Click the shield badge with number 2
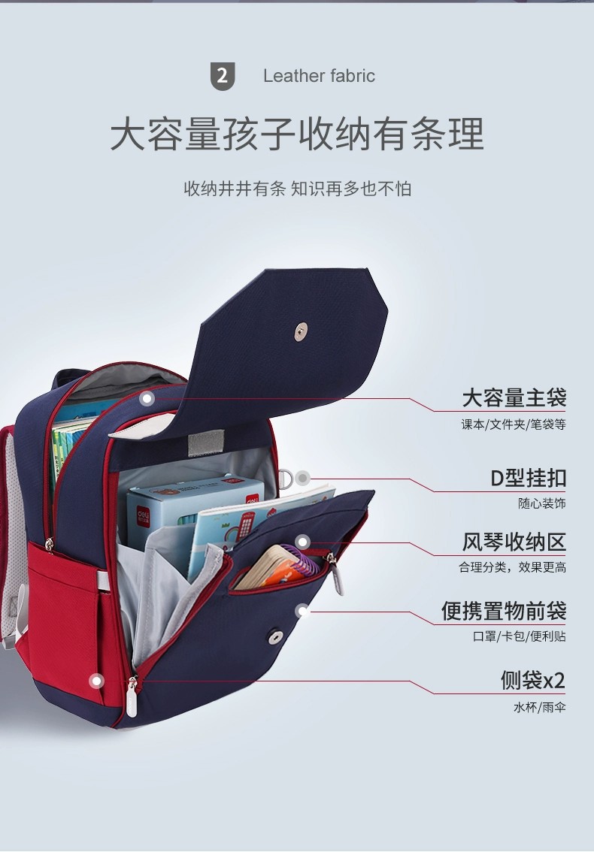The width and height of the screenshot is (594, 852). (x=222, y=76)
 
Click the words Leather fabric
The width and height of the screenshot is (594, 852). (x=319, y=76)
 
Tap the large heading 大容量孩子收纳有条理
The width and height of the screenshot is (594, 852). (x=297, y=135)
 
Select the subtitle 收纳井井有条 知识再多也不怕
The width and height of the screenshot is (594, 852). (x=297, y=189)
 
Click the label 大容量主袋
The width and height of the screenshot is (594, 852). (x=514, y=397)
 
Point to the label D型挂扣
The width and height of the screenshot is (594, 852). (x=528, y=478)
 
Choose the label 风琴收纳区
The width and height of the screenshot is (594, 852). (x=514, y=542)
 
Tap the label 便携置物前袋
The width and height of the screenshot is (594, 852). (x=503, y=611)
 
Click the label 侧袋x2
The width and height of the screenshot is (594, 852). (x=532, y=681)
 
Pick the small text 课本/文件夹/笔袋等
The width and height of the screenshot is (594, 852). (x=513, y=424)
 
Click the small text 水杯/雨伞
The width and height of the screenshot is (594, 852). (x=539, y=708)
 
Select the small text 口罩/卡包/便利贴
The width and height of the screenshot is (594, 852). (x=519, y=637)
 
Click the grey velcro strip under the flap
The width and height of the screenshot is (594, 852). (x=200, y=443)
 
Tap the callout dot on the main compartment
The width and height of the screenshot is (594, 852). (x=148, y=399)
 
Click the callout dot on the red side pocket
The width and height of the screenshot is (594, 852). (x=95, y=681)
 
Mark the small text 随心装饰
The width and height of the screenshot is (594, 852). (x=541, y=504)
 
